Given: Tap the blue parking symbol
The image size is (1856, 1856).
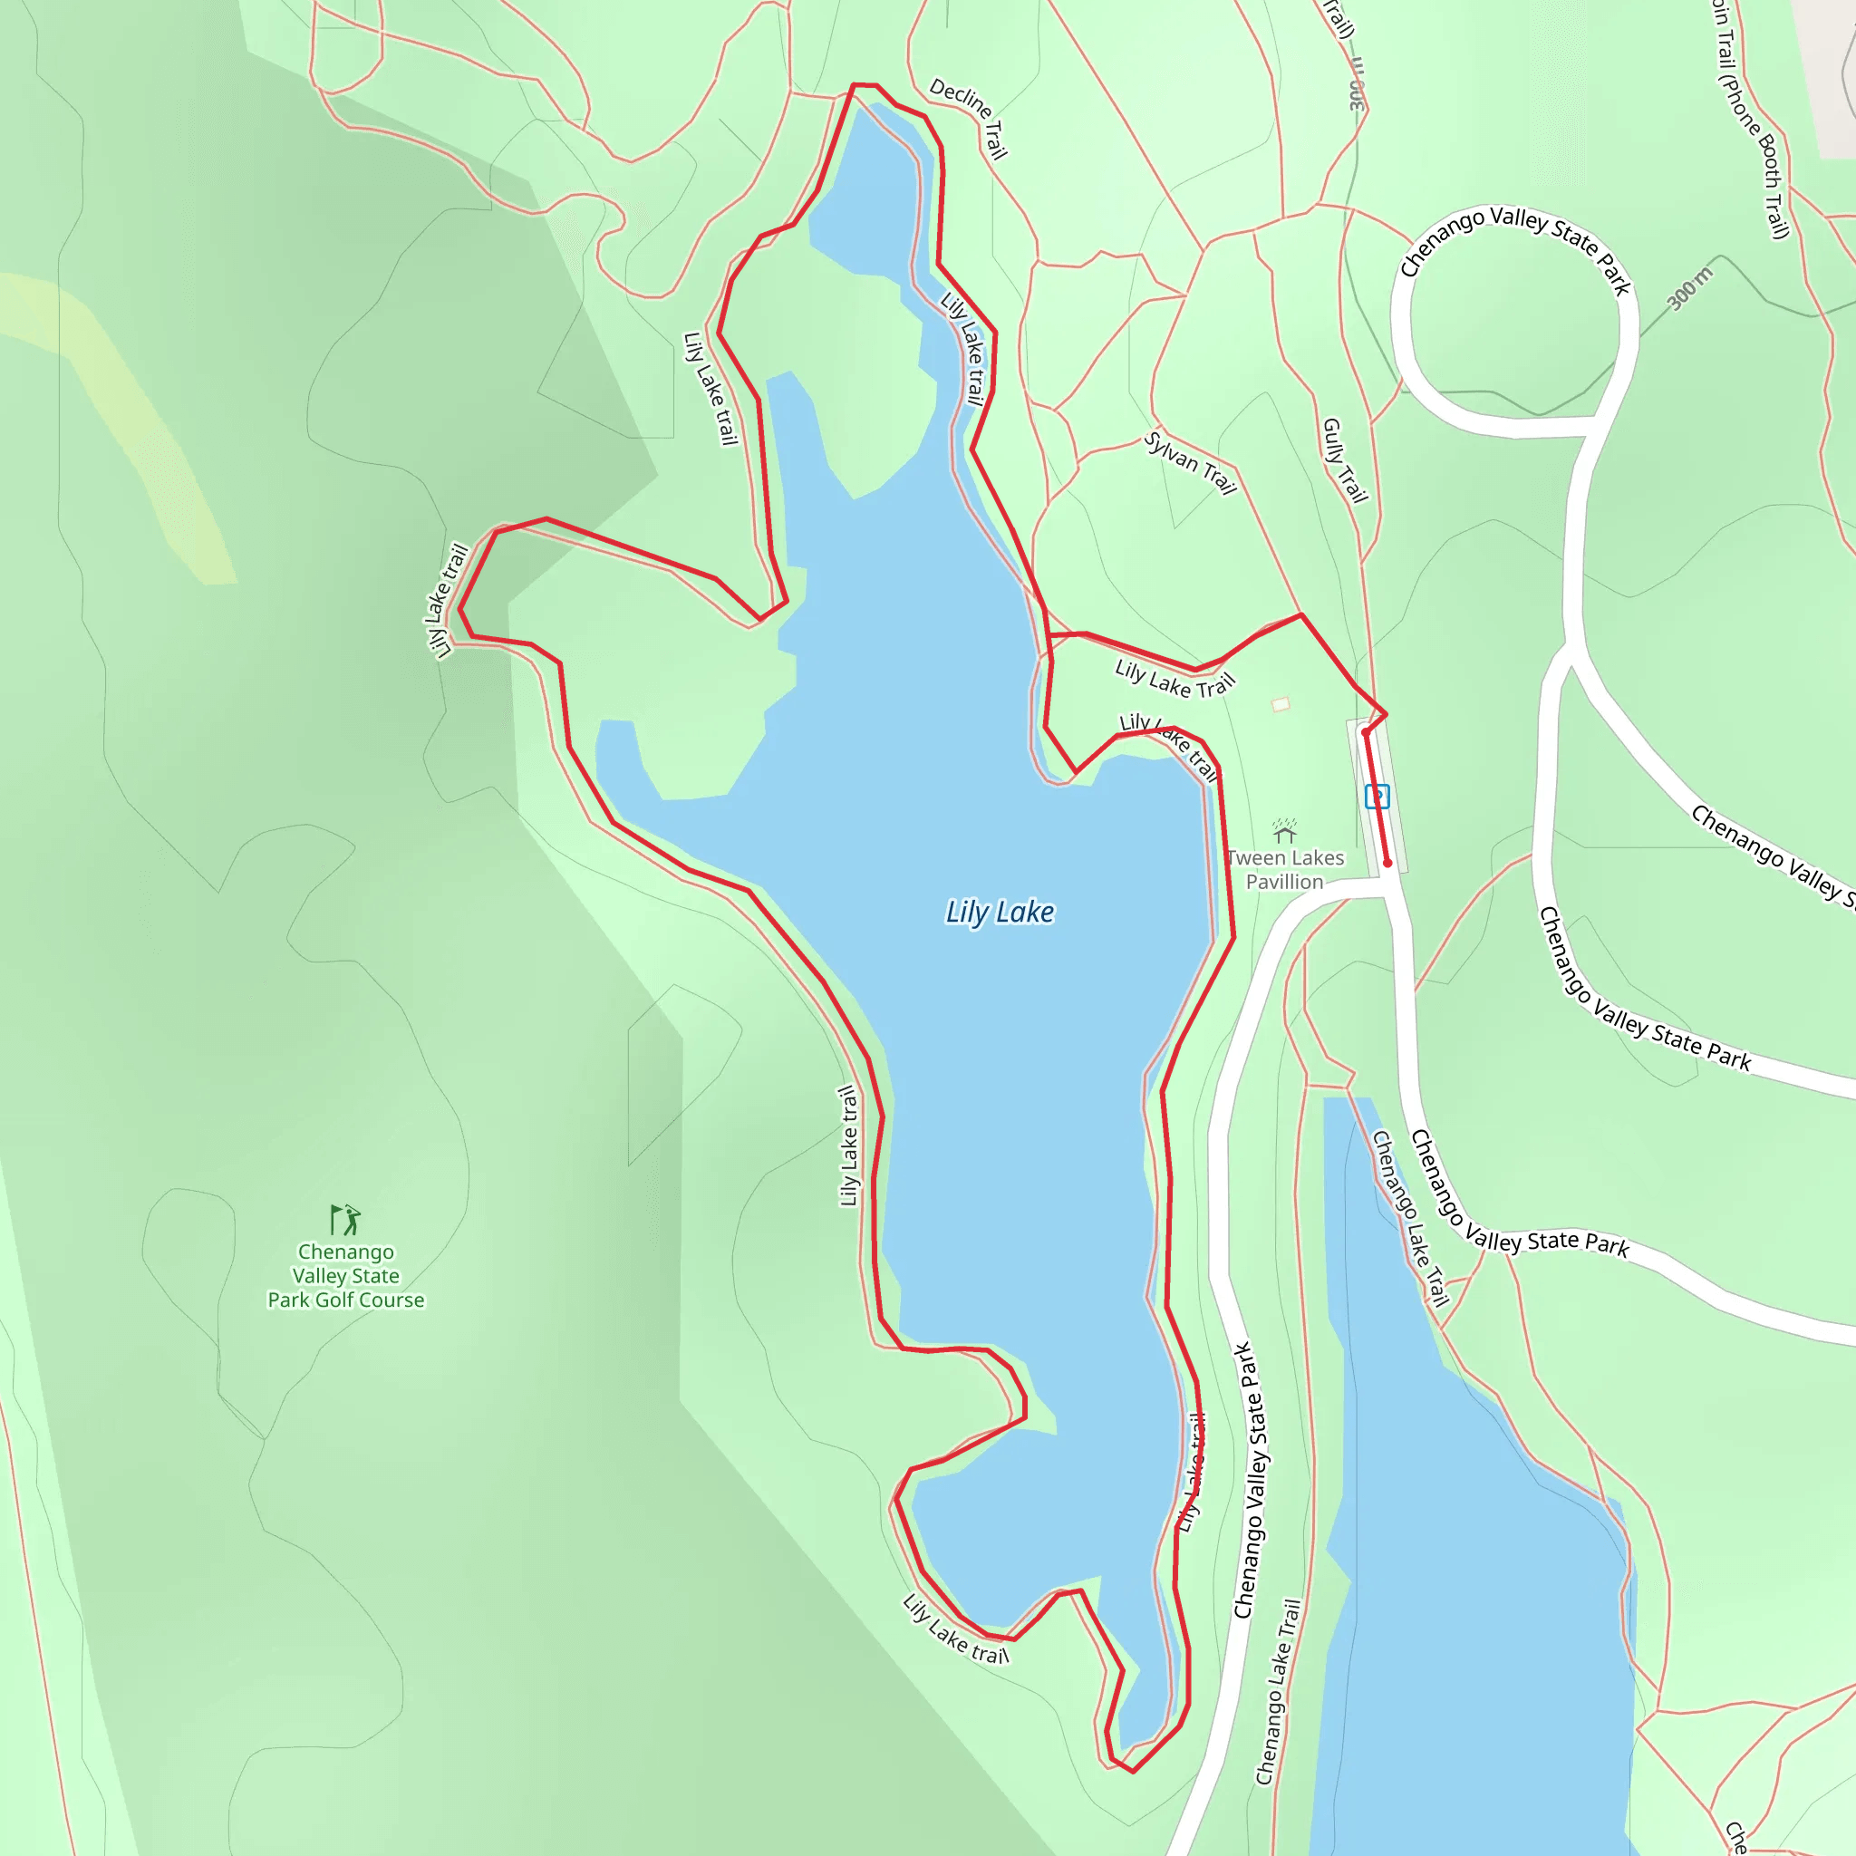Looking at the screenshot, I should (1377, 797).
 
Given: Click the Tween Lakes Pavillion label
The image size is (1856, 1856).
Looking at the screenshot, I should (1284, 869).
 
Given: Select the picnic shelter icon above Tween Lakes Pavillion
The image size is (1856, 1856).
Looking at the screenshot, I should (1284, 830).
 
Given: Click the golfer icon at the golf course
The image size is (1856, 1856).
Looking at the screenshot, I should (345, 1219).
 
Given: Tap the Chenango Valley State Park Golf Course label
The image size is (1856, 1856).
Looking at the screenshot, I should (346, 1276).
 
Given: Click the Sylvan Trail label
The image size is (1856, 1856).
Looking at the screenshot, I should (1189, 463).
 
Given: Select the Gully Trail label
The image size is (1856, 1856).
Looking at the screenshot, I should (1344, 460).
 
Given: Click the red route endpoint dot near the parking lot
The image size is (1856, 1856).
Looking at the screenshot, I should (1387, 863).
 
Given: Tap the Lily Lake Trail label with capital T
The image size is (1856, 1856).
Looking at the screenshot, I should (1174, 679).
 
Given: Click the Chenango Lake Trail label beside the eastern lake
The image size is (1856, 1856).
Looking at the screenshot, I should (1409, 1218).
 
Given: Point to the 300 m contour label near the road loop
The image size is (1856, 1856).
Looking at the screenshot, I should (1690, 289).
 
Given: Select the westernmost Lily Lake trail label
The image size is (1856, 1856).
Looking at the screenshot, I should (446, 601).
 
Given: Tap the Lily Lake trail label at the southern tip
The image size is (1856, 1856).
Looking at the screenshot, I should (956, 1629).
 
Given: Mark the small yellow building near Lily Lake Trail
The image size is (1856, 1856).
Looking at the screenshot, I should (1280, 704).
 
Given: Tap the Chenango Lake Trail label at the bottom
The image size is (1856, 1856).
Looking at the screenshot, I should (1279, 1692).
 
